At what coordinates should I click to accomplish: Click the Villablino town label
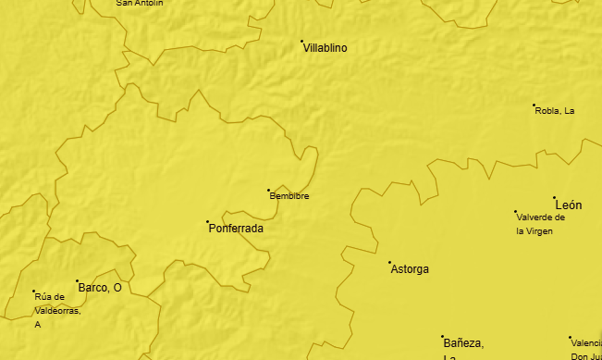[x=326, y=48]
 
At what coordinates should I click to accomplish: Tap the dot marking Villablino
[x=301, y=41]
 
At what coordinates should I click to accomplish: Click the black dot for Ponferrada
[x=207, y=221]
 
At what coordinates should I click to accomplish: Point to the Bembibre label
[x=289, y=196]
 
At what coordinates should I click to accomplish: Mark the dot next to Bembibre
[x=268, y=191]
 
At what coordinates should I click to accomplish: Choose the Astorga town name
[x=410, y=269]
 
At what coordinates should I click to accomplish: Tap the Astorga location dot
[x=389, y=262]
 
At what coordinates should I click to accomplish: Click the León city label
[x=569, y=205]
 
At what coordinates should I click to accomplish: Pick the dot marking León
[x=554, y=197]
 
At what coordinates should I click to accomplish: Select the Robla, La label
[x=555, y=111]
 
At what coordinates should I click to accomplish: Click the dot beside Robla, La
[x=534, y=106]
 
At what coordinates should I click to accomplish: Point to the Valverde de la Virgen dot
[x=515, y=212]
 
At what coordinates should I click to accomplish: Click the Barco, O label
[x=100, y=288]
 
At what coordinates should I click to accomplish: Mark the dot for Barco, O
[x=77, y=280]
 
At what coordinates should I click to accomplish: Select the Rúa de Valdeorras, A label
[x=57, y=310]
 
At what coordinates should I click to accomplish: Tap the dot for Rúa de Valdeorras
[x=34, y=292]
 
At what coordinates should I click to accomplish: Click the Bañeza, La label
[x=462, y=345]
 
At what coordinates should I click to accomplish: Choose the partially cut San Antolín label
[x=140, y=3]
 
